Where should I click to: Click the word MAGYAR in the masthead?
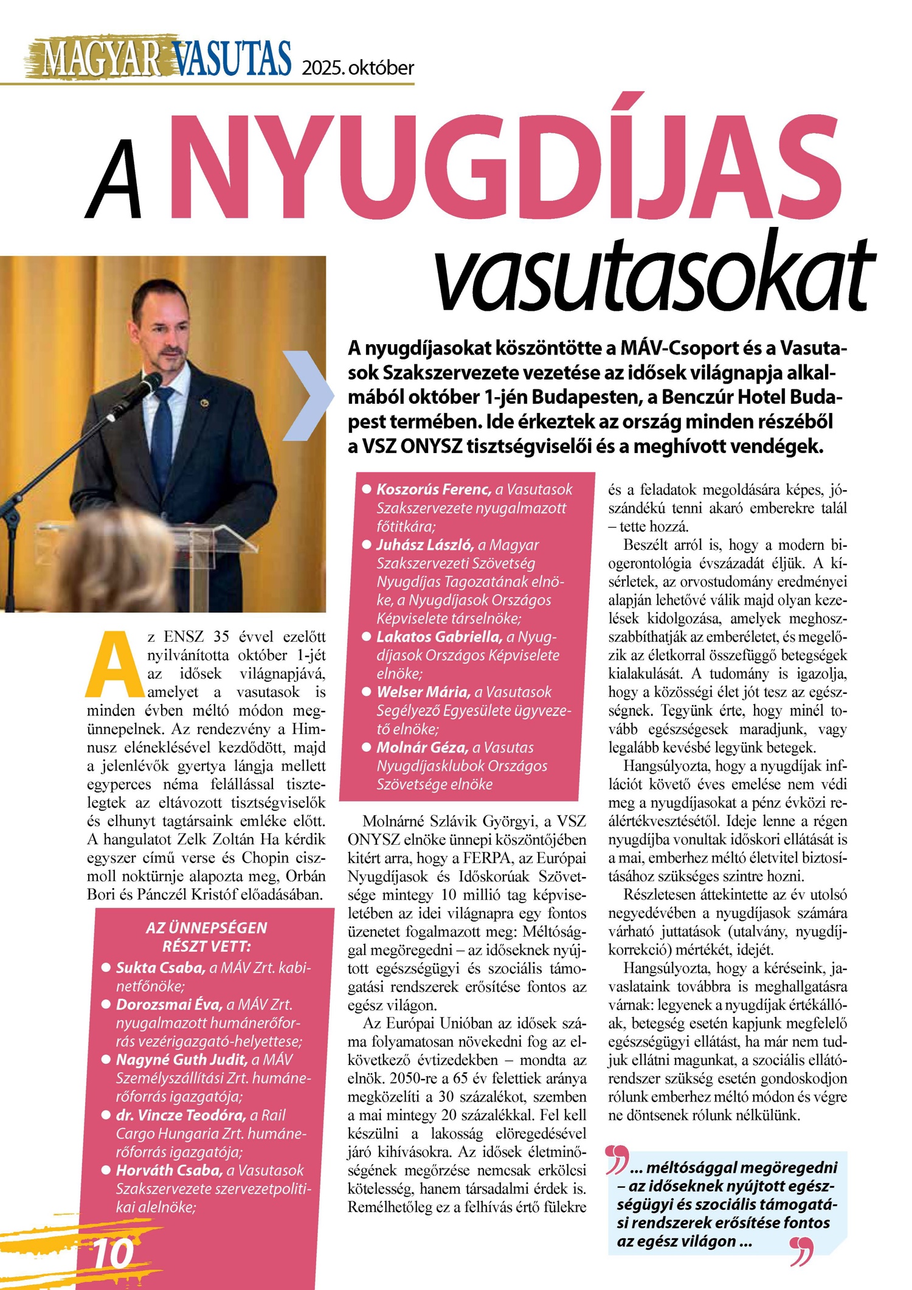coord(100,58)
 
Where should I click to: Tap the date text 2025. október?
coord(358,68)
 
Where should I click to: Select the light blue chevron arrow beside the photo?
coord(309,395)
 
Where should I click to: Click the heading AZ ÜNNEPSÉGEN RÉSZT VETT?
coord(207,937)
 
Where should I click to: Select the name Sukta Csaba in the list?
coord(161,968)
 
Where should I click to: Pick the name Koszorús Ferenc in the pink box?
coord(434,489)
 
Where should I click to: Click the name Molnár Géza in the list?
coord(422,747)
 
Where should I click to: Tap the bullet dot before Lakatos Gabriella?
coord(367,637)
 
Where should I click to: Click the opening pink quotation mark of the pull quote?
coord(617,1159)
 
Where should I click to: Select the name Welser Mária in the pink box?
coord(423,692)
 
